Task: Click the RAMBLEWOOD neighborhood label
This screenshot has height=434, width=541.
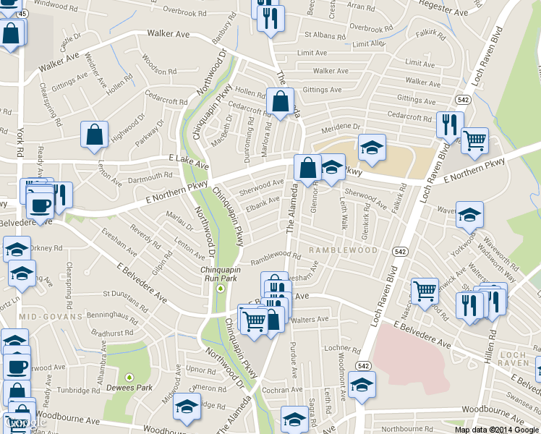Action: (343, 250)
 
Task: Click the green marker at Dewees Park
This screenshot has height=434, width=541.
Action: (129, 377)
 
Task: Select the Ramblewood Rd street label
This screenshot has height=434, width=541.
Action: (275, 258)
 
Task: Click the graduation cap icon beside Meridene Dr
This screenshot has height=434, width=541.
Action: (372, 148)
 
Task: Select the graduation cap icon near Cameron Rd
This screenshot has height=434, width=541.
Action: (187, 407)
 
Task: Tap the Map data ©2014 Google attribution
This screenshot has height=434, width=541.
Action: (496, 429)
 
